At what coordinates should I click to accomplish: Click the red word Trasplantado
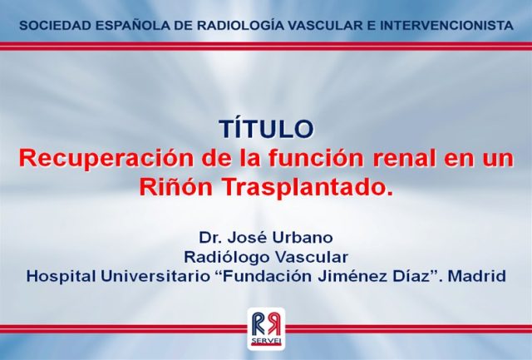[307, 187]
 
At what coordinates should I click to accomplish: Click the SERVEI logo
[266, 329]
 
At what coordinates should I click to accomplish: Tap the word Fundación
[264, 276]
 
